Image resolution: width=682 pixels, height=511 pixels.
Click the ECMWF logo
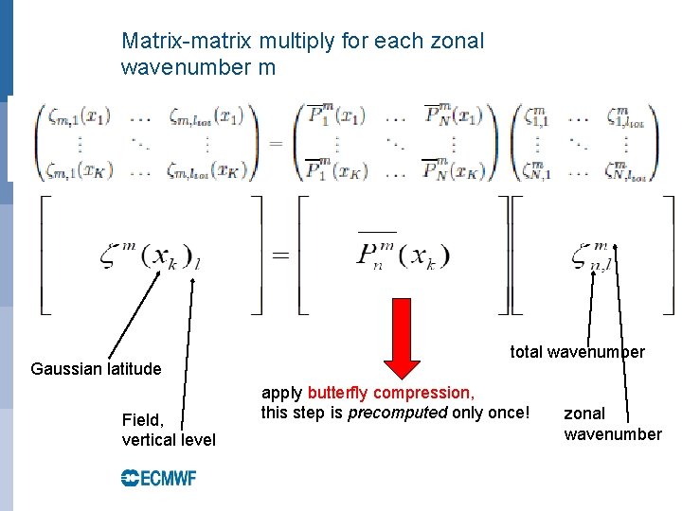[x=158, y=478]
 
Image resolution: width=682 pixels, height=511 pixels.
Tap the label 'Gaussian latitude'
[x=96, y=368]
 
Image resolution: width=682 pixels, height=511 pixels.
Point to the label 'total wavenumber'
[x=577, y=352]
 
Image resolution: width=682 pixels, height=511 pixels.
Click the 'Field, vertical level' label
[x=169, y=430]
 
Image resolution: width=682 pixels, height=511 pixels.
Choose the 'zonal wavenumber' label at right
[x=612, y=424]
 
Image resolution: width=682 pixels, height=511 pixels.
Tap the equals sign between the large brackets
[x=281, y=255]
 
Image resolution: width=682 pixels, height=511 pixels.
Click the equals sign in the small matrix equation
[x=276, y=143]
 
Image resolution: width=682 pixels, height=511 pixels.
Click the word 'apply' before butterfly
[x=281, y=393]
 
